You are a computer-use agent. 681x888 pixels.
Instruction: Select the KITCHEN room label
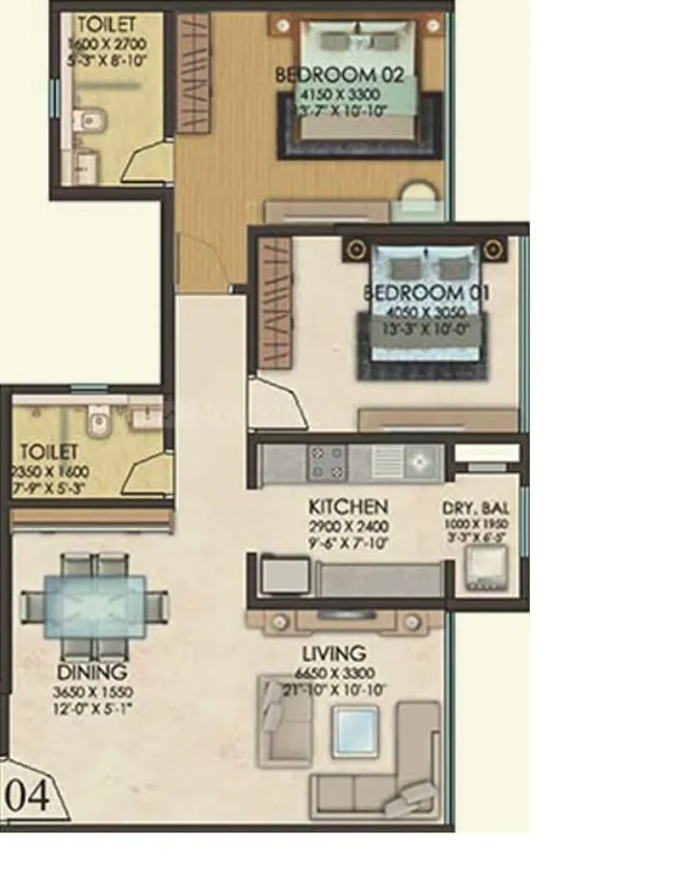348,507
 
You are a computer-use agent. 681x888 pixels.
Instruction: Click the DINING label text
92,671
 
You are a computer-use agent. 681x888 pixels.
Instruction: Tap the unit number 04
28,797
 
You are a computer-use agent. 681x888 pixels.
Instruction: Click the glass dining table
93,607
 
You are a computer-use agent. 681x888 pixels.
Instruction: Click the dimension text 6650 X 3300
333,672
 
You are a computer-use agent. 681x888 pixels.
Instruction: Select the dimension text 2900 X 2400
348,526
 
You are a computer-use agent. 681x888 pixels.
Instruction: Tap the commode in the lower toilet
94,417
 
